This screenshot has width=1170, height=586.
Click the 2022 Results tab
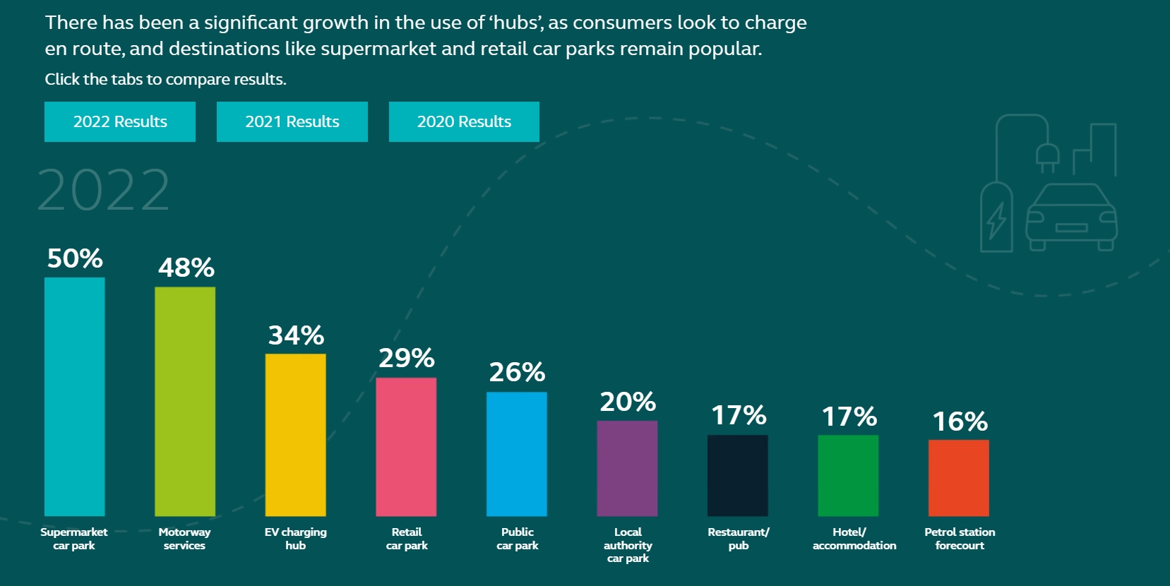[120, 121]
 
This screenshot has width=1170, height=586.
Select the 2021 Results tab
[292, 121]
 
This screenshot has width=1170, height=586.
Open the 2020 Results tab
[464, 121]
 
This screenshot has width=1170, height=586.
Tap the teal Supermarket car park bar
[74, 396]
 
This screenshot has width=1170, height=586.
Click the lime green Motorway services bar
[185, 401]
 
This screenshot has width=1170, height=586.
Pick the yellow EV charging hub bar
[295, 434]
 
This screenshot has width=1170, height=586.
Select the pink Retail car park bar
[406, 446]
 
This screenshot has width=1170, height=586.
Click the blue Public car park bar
[516, 453]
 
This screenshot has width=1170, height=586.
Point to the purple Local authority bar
[627, 468]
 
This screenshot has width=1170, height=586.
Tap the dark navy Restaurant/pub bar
[737, 475]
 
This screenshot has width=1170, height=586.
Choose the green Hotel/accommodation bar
[848, 475]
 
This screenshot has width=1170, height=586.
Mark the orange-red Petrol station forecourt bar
[958, 477]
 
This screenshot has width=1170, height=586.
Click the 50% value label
[75, 258]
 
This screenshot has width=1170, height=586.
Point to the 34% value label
[296, 335]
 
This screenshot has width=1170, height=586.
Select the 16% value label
[960, 421]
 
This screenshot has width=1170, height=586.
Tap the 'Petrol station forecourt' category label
[960, 538]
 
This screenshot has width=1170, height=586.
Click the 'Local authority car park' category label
[628, 544]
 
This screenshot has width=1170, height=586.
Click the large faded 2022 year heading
[103, 191]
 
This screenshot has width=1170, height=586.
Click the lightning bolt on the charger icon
[996, 221]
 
